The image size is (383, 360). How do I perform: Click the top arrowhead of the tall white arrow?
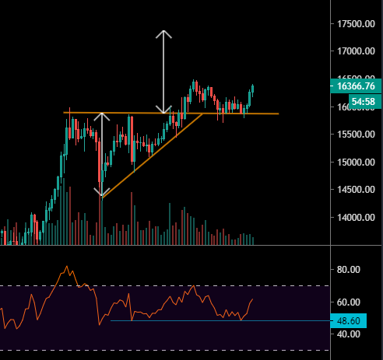(163, 33)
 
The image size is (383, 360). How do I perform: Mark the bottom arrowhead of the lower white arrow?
(101, 194)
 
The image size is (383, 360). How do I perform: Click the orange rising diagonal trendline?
(148, 156)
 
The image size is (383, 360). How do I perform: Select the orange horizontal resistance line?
(234, 114)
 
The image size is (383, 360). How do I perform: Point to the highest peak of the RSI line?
(66, 267)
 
